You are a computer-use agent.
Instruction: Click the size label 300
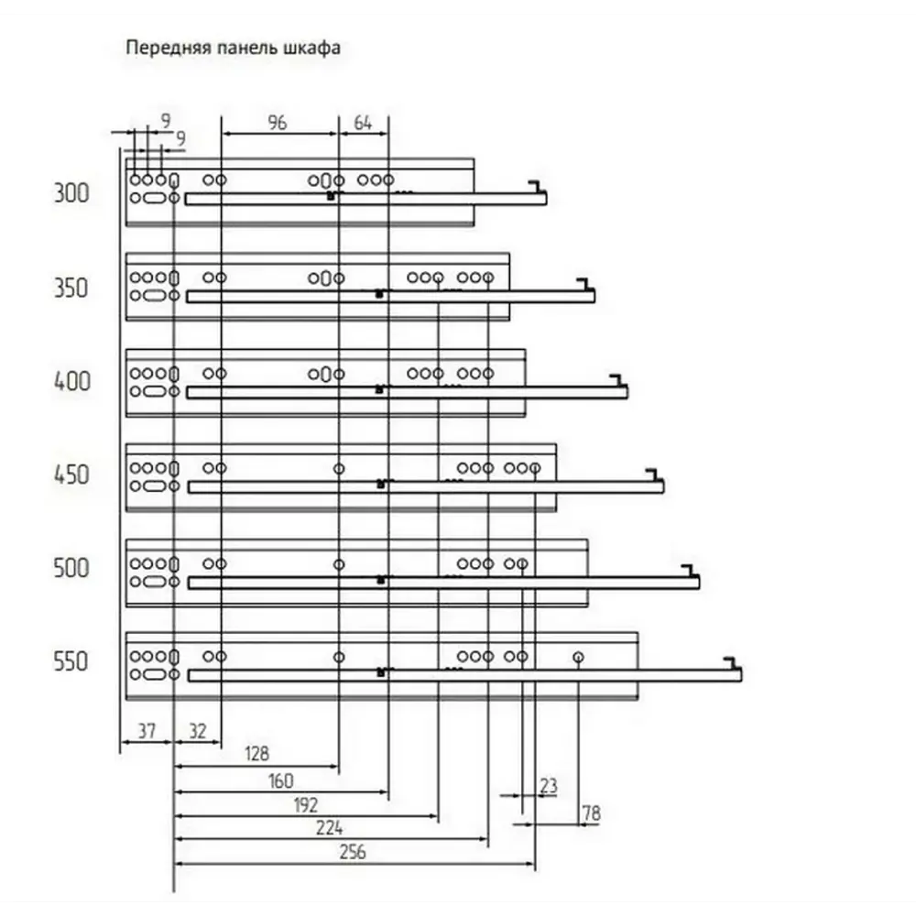[71, 192]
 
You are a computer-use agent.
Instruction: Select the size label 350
[71, 288]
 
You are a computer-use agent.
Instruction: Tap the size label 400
[71, 381]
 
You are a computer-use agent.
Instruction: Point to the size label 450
[71, 474]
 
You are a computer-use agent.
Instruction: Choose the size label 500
[71, 568]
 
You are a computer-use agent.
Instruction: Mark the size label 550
[71, 662]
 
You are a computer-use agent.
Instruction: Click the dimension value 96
[278, 123]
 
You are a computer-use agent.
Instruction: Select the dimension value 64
[363, 124]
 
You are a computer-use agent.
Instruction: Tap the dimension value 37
[147, 731]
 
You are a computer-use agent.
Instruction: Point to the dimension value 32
[198, 731]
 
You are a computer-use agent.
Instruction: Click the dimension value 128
[256, 754]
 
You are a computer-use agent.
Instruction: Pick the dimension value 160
[280, 781]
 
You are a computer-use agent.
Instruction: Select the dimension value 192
[305, 805]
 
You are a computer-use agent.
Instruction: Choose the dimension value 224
[330, 828]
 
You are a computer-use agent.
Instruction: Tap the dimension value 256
[353, 852]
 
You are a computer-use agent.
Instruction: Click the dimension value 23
[549, 786]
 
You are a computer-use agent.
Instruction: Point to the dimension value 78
[591, 813]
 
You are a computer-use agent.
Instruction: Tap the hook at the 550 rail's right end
[733, 663]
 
